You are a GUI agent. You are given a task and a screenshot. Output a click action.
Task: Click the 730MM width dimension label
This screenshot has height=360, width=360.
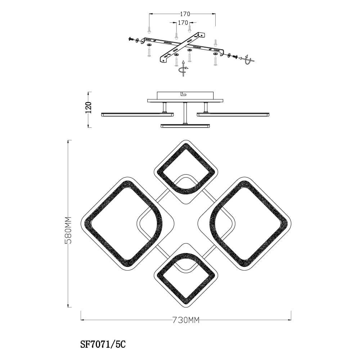[x=186, y=320]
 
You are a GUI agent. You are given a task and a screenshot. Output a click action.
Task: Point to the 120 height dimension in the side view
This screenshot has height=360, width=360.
[x=89, y=107]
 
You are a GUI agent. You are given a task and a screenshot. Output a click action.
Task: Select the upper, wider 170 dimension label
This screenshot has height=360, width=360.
[x=185, y=14]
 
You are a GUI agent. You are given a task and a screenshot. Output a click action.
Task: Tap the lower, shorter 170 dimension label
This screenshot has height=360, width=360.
[x=183, y=23]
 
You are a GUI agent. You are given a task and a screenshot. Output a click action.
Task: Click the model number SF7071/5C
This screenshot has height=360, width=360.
[x=103, y=345]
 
